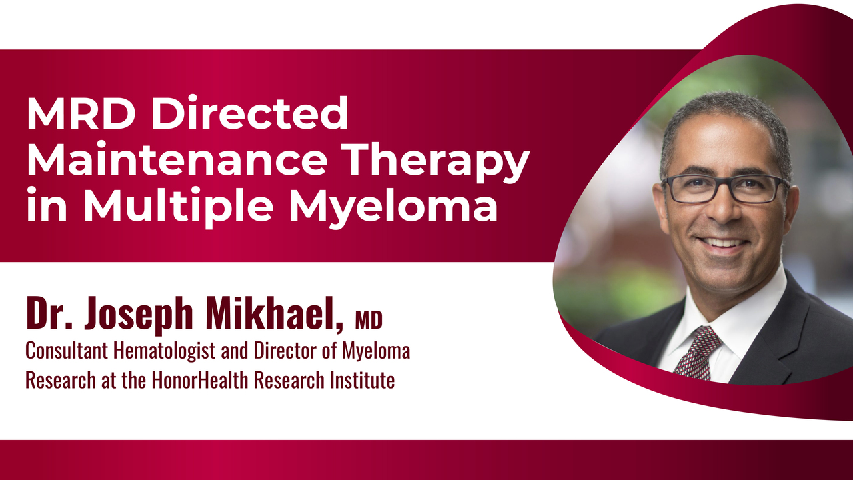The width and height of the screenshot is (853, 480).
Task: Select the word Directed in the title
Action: click(249, 113)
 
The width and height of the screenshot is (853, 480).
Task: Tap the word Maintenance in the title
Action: click(177, 159)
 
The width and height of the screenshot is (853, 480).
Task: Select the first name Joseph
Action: click(139, 315)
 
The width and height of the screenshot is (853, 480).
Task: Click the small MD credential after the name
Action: click(369, 320)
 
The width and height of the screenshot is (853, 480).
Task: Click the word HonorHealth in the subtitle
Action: click(199, 380)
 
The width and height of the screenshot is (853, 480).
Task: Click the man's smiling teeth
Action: click(723, 242)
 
